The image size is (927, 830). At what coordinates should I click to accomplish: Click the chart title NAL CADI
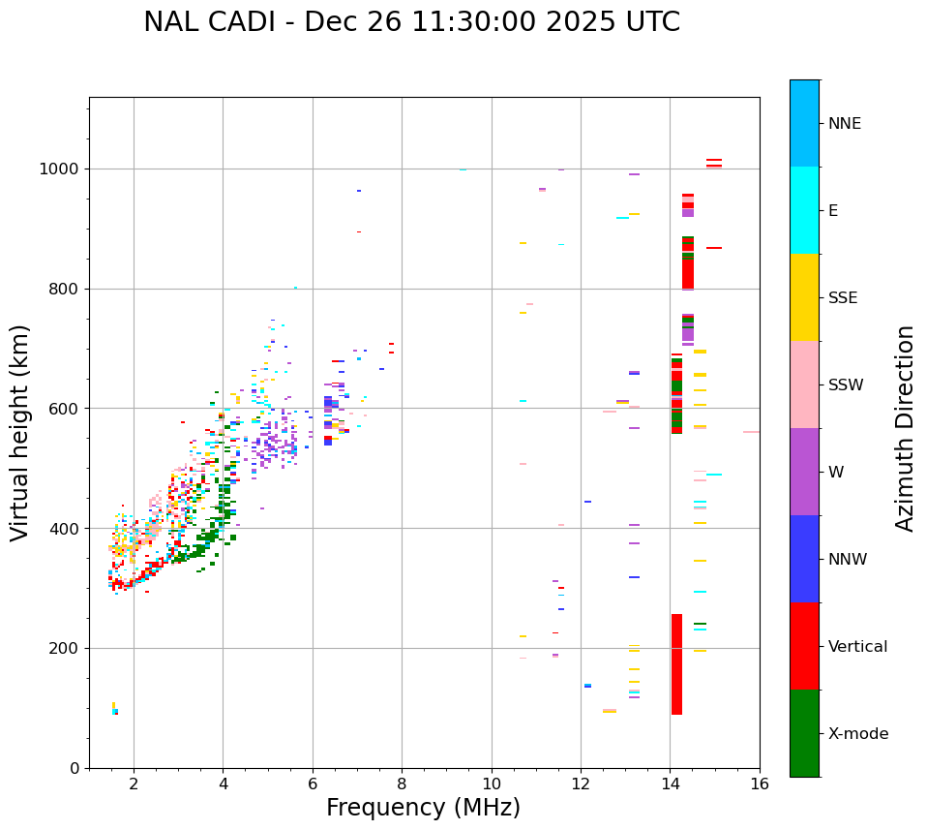(411, 22)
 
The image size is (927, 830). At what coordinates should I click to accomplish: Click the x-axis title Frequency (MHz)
(423, 808)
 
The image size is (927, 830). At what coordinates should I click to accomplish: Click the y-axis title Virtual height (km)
(20, 433)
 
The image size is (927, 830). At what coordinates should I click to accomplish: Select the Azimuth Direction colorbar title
(905, 428)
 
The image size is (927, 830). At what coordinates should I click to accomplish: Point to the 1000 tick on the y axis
(62, 169)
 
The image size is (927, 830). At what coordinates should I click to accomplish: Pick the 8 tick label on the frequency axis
(402, 783)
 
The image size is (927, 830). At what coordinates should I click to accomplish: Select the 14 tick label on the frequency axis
(670, 783)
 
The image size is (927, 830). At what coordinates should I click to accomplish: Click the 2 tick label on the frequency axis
(134, 783)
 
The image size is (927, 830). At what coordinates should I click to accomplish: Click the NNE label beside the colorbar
(844, 124)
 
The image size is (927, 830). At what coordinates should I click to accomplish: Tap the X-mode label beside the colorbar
(857, 734)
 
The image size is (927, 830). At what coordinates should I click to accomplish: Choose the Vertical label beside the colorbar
(857, 647)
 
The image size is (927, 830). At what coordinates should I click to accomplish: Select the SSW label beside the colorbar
(846, 385)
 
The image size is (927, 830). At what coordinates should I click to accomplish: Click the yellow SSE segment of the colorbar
(804, 297)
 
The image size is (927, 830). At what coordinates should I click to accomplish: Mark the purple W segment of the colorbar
(804, 472)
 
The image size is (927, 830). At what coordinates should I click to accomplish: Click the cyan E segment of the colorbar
(804, 210)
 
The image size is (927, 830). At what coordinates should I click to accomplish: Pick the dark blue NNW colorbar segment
(804, 559)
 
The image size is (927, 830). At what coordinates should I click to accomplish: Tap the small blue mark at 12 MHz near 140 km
(587, 686)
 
